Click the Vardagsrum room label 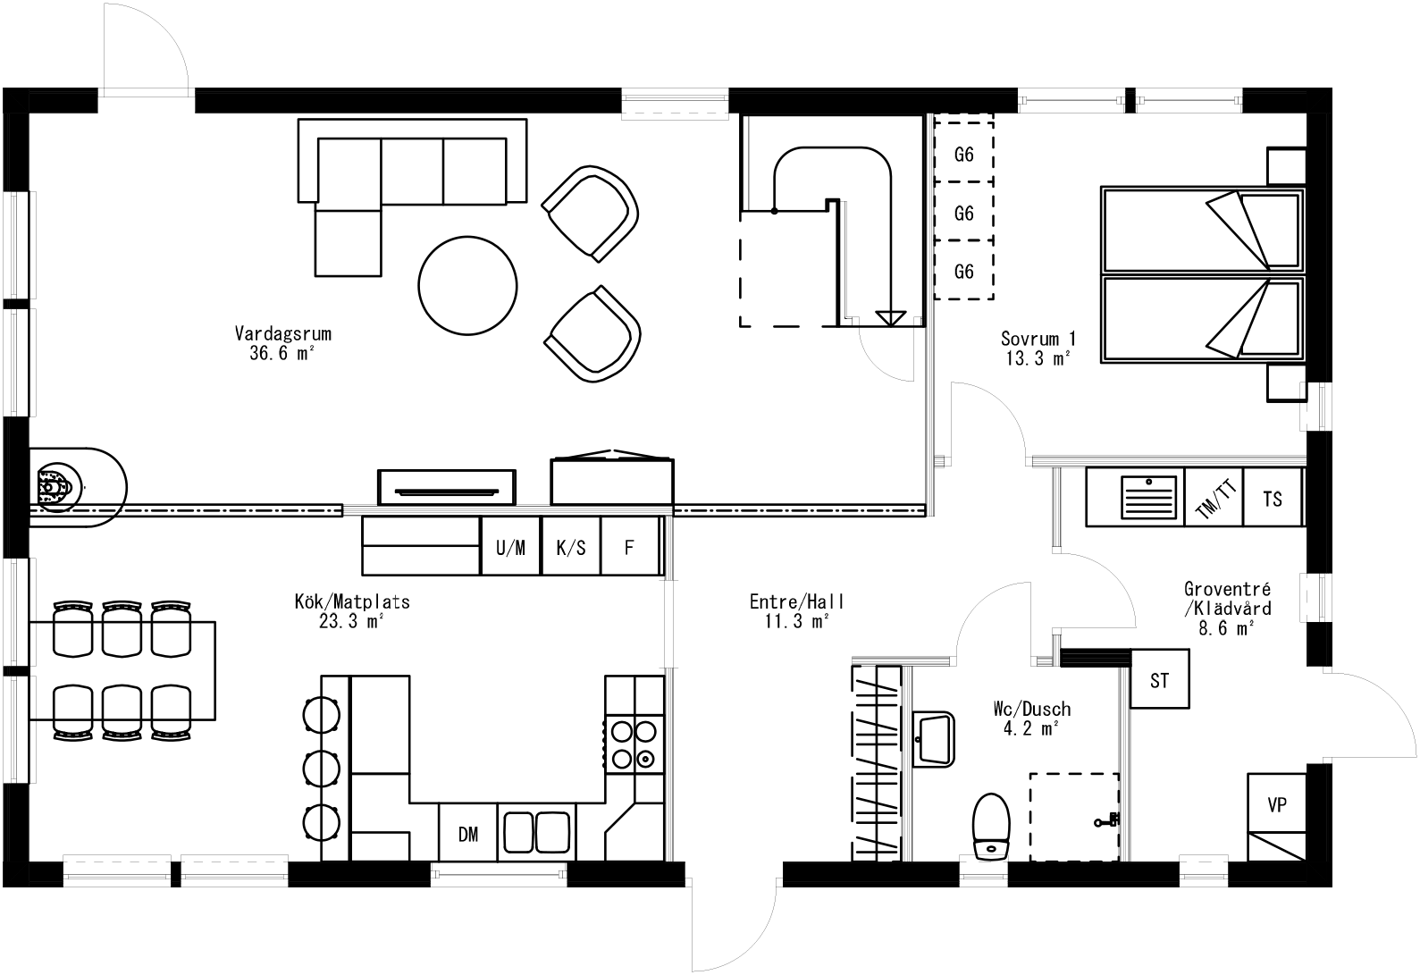click(x=282, y=334)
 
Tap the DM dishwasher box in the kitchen click(x=468, y=834)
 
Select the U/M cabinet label click(x=511, y=547)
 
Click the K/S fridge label click(x=571, y=547)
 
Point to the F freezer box click(x=629, y=547)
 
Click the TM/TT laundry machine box click(x=1216, y=498)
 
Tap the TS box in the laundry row click(x=1273, y=498)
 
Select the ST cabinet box click(x=1159, y=680)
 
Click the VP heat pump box click(x=1277, y=803)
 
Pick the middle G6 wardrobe click(x=963, y=213)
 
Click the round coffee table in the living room click(x=468, y=284)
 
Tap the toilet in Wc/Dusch click(x=989, y=827)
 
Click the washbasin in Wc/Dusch click(x=934, y=739)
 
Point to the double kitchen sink click(x=536, y=832)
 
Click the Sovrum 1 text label click(x=1038, y=339)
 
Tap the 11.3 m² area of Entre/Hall click(x=797, y=621)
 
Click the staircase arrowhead click(x=889, y=317)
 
